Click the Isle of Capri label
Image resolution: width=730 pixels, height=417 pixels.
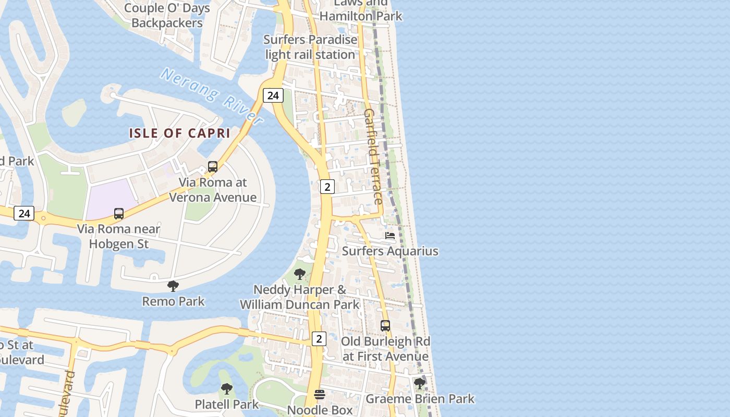point(179,133)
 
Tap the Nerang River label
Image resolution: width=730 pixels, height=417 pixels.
point(212,96)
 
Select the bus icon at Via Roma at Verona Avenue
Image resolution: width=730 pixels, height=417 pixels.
point(213,167)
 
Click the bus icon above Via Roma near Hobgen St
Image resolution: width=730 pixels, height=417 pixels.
point(119,213)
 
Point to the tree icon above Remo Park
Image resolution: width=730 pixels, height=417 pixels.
point(173,286)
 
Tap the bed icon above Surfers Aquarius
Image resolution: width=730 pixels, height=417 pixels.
point(390,236)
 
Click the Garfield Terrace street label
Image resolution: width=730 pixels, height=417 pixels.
point(373,156)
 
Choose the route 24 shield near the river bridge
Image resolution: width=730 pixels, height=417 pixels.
point(273,95)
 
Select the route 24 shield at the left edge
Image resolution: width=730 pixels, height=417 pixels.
point(24,213)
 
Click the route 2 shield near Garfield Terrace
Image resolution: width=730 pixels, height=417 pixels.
point(327,186)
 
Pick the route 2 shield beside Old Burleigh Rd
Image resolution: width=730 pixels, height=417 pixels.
point(319,339)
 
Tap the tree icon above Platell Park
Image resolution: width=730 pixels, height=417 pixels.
point(226,388)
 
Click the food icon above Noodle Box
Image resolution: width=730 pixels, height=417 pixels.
point(320,395)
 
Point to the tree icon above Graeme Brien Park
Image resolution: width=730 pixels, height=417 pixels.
point(420,384)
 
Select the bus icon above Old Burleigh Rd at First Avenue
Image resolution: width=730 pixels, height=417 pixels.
point(385,326)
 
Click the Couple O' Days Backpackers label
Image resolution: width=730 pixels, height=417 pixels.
point(167,16)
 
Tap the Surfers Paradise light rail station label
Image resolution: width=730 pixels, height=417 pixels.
point(310,47)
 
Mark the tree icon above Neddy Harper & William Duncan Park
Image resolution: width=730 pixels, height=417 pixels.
point(300,274)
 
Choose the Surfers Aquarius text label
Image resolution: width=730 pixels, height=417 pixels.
point(390,251)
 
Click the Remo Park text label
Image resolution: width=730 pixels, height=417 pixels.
point(174,301)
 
